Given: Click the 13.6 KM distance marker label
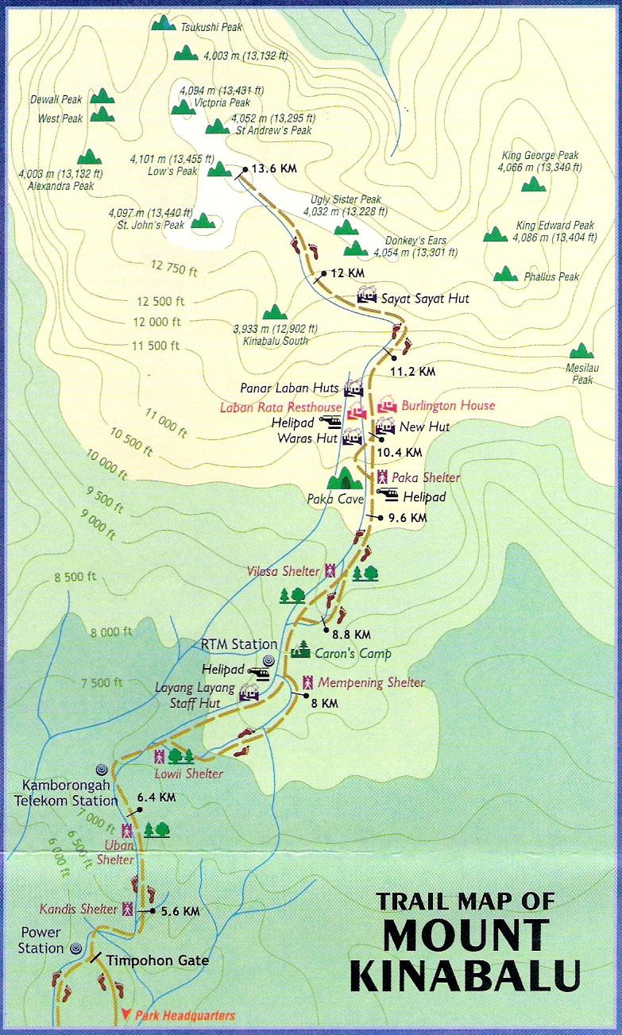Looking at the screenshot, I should click(x=274, y=169).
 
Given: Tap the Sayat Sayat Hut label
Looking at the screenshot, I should click(x=425, y=299).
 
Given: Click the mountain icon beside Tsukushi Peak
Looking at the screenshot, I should click(x=164, y=23).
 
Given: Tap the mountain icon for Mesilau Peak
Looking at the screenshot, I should click(x=582, y=351).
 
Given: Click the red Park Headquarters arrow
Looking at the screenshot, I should click(x=126, y=1014).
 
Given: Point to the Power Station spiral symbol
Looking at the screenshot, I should click(x=75, y=948).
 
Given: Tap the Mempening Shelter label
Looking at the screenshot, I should click(x=371, y=682).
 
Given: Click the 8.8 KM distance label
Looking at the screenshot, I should click(x=351, y=634).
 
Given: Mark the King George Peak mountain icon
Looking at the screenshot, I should click(x=533, y=184).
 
